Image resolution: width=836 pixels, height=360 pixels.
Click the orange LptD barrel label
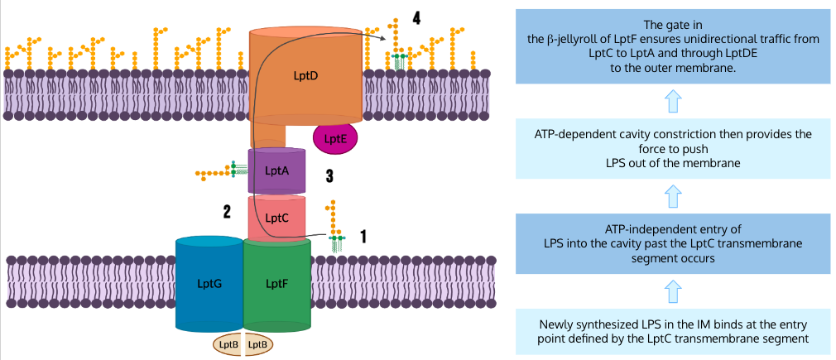(x=305, y=75)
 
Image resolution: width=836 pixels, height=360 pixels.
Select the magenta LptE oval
(x=334, y=138)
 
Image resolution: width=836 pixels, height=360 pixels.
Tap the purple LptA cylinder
(x=276, y=170)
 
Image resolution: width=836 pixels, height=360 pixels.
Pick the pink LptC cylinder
(x=276, y=218)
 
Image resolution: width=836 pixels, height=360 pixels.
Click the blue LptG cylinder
(x=209, y=284)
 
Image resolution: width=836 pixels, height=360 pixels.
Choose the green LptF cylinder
(x=276, y=284)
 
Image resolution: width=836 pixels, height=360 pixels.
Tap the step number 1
(x=363, y=237)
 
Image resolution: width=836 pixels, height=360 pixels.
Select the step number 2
(x=226, y=212)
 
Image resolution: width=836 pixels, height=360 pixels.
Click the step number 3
(x=329, y=175)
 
